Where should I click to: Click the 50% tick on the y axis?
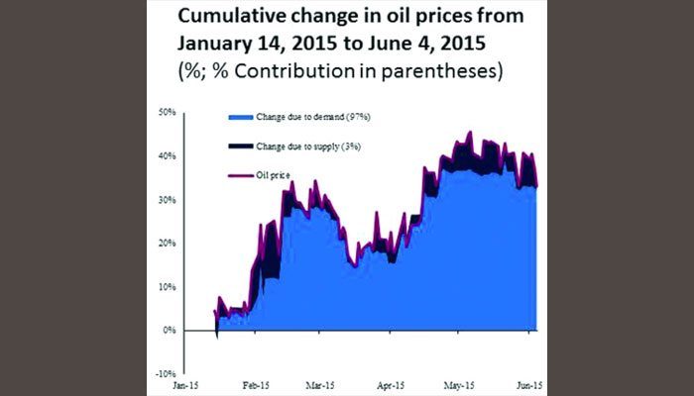point(166,112)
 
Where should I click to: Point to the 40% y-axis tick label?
point(166,155)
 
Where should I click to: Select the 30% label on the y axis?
point(166,199)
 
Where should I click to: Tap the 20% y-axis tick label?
point(166,243)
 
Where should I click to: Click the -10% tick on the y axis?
point(165,373)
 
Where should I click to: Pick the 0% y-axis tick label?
point(169,330)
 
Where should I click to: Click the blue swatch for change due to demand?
point(241,117)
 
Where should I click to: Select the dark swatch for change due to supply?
point(241,147)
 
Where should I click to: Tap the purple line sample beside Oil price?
point(241,176)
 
